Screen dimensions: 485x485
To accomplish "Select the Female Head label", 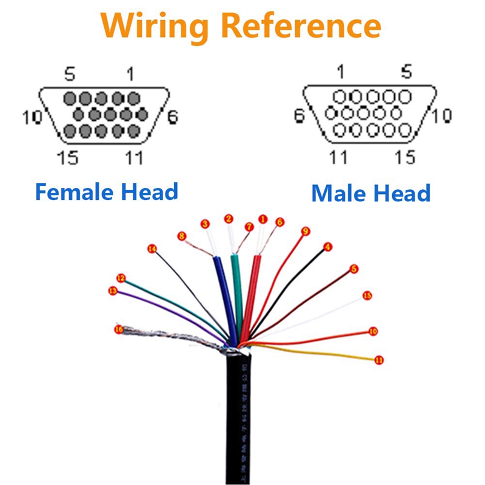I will coord(106,192).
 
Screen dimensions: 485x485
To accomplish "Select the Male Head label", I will coord(370,193).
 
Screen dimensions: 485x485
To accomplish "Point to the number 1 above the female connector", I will coord(130,74).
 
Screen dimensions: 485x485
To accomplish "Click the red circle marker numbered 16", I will coord(118,329).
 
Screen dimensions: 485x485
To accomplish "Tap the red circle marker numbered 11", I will coord(379,360).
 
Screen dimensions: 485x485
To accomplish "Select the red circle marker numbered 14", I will coord(152,249).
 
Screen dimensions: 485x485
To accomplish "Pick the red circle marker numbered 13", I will coord(112,291).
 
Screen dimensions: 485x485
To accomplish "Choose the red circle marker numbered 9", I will coord(306,231).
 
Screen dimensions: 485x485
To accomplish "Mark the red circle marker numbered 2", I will coord(229,218).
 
